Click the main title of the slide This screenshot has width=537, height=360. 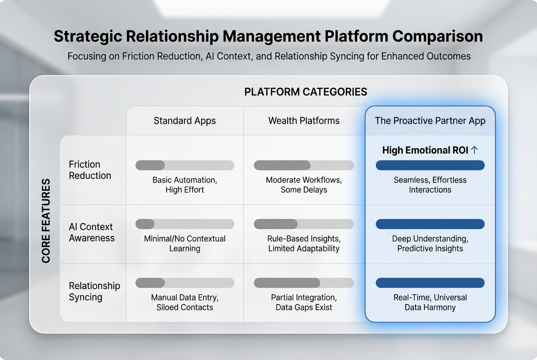[268, 37]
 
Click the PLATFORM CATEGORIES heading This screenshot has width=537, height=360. [305, 92]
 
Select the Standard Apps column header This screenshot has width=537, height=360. [185, 121]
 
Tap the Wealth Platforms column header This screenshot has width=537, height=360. [304, 121]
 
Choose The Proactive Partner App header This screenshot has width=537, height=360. [430, 121]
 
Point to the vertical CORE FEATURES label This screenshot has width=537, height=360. [46, 220]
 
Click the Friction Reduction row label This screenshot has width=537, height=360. [90, 170]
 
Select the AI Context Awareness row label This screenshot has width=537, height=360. [91, 232]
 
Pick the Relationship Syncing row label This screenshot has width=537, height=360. [94, 291]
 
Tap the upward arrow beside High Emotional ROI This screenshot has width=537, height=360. [475, 150]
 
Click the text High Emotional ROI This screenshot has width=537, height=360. [425, 150]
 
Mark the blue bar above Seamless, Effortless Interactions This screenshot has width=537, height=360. [430, 165]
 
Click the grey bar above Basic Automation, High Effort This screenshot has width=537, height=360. [185, 165]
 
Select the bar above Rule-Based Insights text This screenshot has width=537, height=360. [304, 224]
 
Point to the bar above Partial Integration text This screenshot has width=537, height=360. [304, 283]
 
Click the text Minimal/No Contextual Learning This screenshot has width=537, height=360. [185, 243]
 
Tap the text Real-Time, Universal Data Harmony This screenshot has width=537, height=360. [430, 302]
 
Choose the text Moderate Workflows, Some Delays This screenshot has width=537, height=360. [304, 185]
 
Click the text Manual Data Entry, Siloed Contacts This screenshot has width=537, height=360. [185, 302]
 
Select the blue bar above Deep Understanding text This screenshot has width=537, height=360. [430, 224]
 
